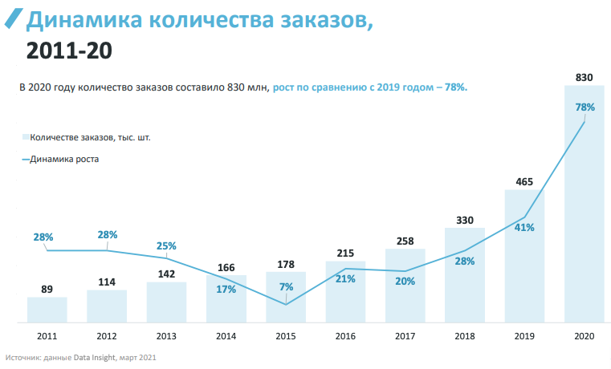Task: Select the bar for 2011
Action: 47,310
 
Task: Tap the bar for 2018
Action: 465,276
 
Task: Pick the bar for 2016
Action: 345,292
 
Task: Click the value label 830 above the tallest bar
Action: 584,78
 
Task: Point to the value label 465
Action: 524,182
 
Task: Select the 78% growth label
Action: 585,107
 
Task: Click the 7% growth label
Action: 286,286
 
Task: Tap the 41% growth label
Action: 524,228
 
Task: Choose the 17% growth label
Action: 226,289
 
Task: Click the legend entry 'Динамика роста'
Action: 63,159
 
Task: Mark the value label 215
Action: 345,253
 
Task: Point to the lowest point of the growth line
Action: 286,304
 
